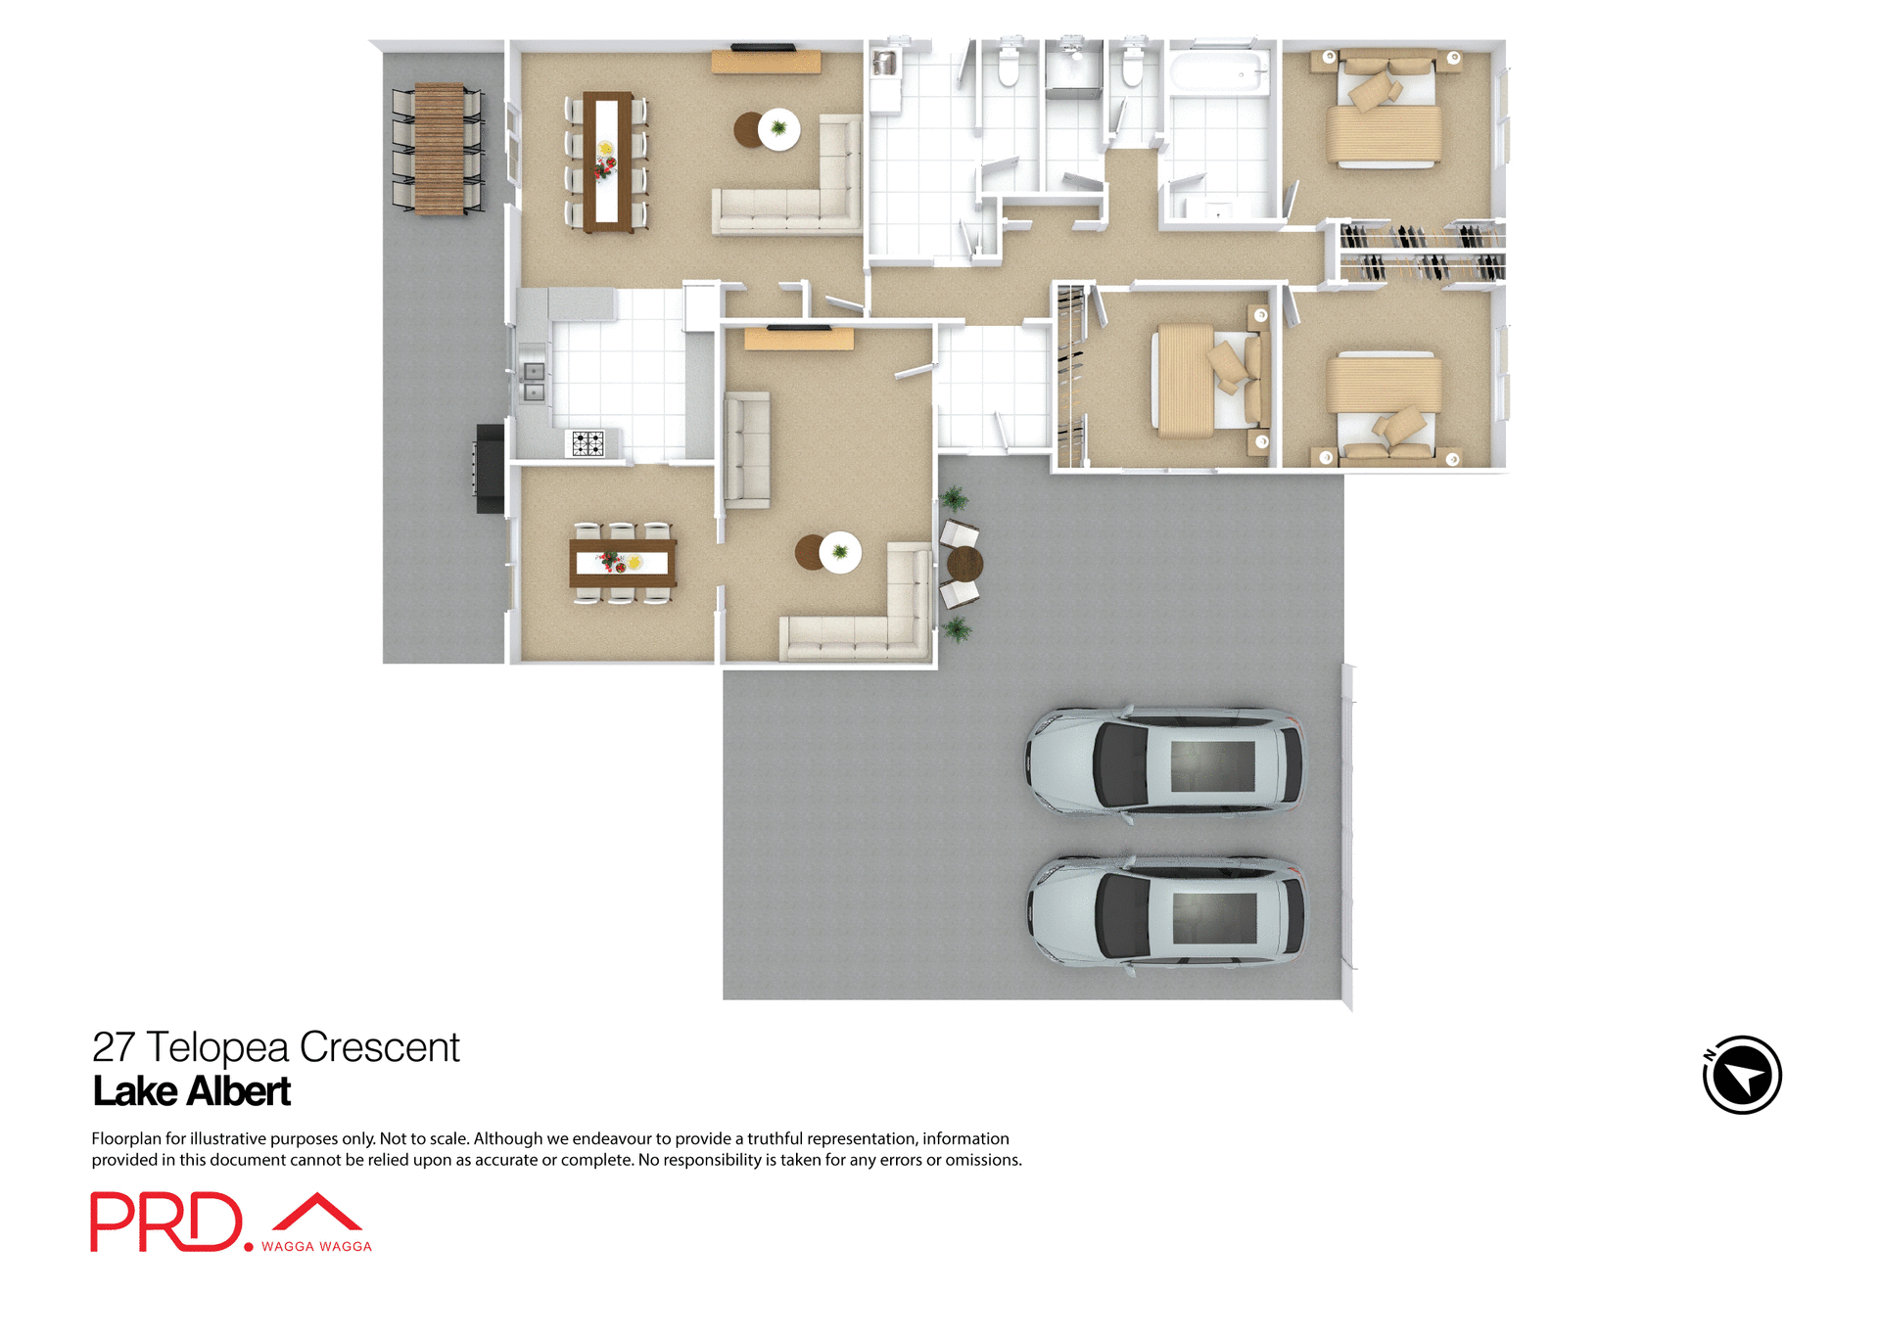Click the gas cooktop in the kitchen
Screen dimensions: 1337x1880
pyautogui.click(x=587, y=443)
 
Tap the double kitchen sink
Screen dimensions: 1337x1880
pyautogui.click(x=534, y=382)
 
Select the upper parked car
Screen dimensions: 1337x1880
pyautogui.click(x=1165, y=762)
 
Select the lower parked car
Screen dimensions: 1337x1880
pyautogui.click(x=1165, y=913)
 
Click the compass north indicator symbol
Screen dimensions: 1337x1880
pyautogui.click(x=1742, y=1075)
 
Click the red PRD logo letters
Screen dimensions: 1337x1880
pyautogui.click(x=165, y=1222)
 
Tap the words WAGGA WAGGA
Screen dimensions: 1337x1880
pyautogui.click(x=316, y=1247)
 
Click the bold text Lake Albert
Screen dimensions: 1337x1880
pyautogui.click(x=192, y=1091)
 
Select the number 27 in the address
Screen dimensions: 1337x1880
pyautogui.click(x=113, y=1047)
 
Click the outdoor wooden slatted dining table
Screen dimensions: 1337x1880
pyautogui.click(x=439, y=149)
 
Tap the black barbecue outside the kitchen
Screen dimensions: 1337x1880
pyautogui.click(x=490, y=468)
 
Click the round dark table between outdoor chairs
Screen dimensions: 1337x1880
pyautogui.click(x=964, y=564)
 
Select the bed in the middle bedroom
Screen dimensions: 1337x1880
pyautogui.click(x=1204, y=382)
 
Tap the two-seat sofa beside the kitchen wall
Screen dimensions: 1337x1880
pyautogui.click(x=747, y=449)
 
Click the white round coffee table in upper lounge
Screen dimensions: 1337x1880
pyautogui.click(x=779, y=128)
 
